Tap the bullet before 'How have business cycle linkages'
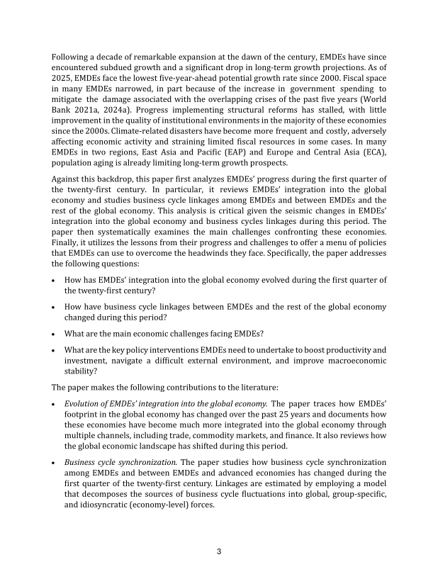click(55, 308)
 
